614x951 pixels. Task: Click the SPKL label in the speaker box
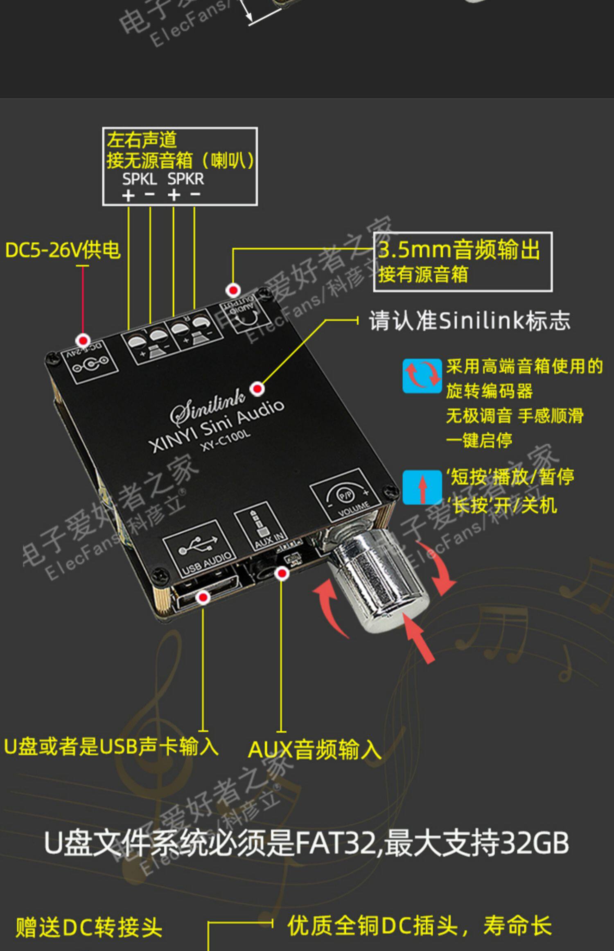tap(139, 179)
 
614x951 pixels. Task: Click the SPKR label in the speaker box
tap(185, 179)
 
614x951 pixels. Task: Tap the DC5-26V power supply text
tap(63, 250)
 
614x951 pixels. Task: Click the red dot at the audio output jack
tap(233, 290)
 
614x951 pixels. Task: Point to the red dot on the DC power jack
tap(84, 340)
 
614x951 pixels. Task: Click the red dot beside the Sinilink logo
tap(257, 388)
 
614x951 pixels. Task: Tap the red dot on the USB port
tap(203, 598)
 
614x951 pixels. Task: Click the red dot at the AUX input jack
tap(281, 573)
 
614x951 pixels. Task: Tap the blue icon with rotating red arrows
tap(422, 376)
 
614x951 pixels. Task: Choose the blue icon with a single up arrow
tap(422, 487)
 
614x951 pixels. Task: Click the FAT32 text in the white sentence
tap(335, 843)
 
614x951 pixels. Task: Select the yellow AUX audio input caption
tap(314, 750)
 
